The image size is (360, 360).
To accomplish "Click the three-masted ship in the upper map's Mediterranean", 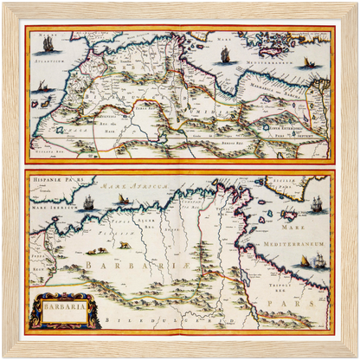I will (226, 54).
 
